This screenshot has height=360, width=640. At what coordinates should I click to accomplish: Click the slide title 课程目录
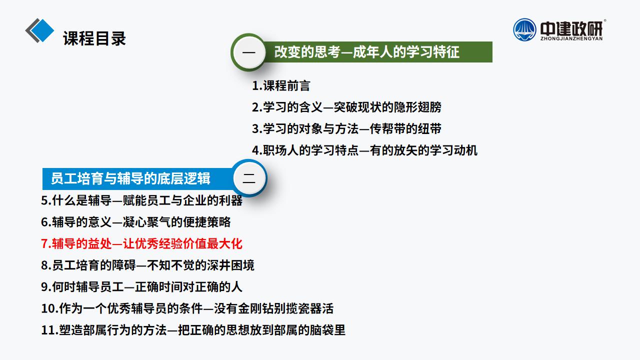[x=94, y=38]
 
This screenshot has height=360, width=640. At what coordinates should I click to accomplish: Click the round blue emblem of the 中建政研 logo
[x=524, y=30]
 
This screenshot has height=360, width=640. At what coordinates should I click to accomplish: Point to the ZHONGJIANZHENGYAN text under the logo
[x=571, y=38]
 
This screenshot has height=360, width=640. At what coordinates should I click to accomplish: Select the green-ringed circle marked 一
[x=249, y=52]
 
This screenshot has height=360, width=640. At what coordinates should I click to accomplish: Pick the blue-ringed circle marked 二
[x=249, y=178]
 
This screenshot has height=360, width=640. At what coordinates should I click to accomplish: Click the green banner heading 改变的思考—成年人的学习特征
[x=366, y=52]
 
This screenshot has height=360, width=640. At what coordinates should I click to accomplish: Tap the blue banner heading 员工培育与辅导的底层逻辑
[x=130, y=178]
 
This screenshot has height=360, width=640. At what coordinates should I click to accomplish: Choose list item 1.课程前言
[x=281, y=85]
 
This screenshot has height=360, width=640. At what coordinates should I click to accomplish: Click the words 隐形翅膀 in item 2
[x=417, y=107]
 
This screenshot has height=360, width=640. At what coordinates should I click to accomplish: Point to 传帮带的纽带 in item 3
[x=405, y=129]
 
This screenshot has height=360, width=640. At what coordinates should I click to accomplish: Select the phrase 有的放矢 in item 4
[x=393, y=150]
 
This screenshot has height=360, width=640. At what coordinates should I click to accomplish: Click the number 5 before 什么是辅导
[x=44, y=200]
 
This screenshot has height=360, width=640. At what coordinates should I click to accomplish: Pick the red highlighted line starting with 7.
[x=141, y=243]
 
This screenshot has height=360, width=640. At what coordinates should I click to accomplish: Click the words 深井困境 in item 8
[x=230, y=265]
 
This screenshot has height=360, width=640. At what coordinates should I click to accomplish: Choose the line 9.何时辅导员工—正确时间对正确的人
[x=141, y=287]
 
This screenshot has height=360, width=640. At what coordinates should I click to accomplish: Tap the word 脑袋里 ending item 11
[x=327, y=330]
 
